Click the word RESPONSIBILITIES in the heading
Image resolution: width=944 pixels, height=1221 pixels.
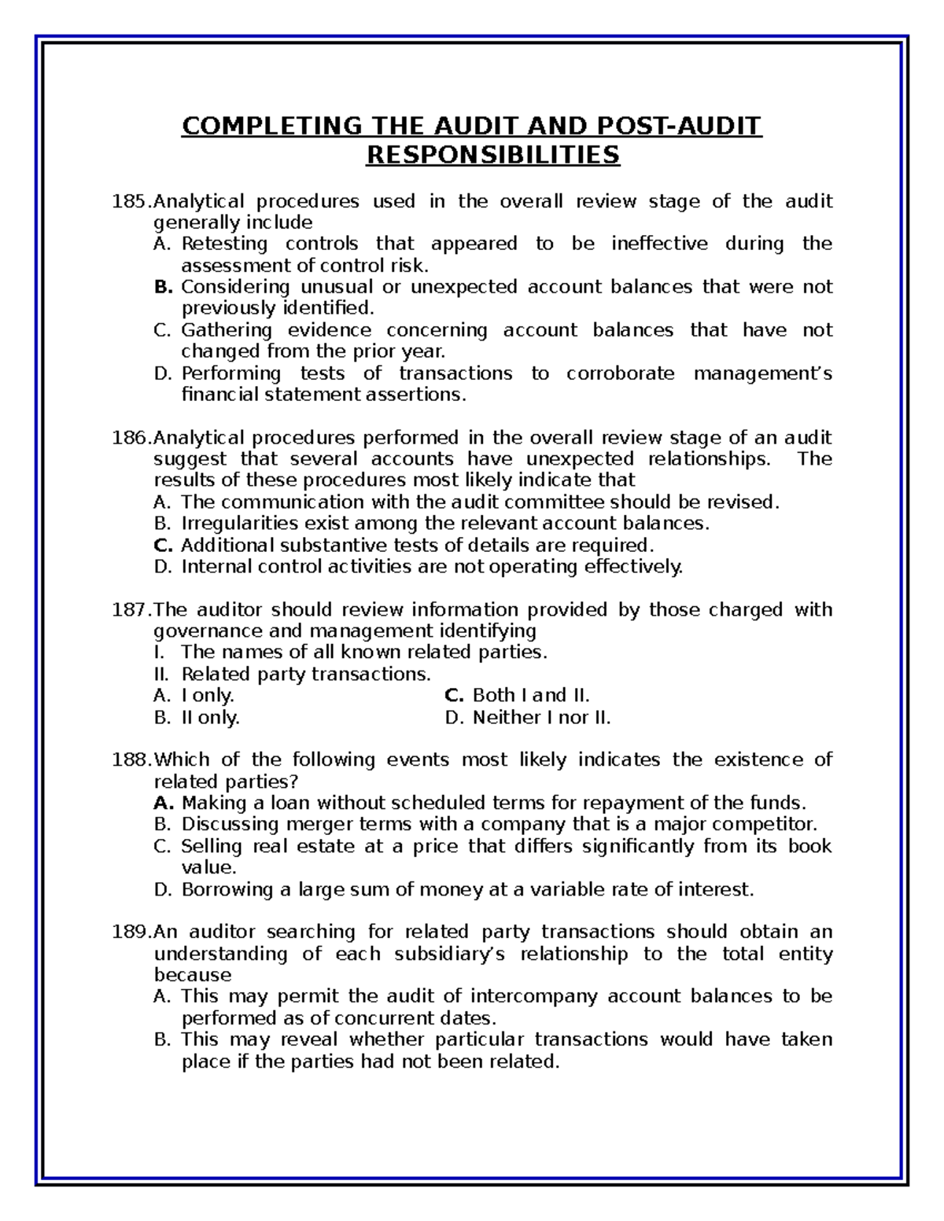[x=493, y=155]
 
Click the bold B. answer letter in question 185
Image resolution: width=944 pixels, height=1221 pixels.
[x=164, y=287]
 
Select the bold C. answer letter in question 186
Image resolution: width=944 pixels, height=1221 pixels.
[x=164, y=545]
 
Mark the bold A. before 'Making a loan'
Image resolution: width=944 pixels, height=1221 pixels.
[x=164, y=803]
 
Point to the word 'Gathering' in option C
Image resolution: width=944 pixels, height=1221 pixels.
[x=227, y=330]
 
